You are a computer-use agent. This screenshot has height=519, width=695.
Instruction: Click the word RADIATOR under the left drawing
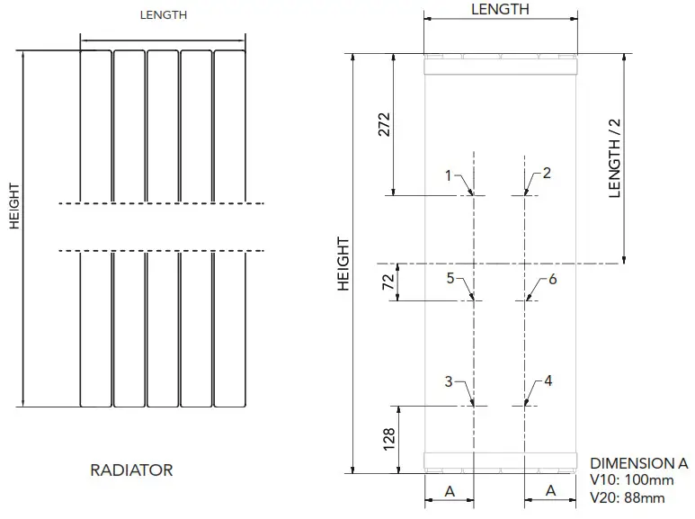(131, 470)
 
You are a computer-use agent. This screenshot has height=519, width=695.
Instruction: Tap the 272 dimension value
(384, 124)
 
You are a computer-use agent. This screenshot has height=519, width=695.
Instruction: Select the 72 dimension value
(388, 282)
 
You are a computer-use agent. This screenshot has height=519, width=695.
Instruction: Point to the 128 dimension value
(388, 439)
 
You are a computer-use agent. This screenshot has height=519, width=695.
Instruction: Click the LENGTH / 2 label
(614, 158)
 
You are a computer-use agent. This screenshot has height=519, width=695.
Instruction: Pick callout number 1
(448, 175)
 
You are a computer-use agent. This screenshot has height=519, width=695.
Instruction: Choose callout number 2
(547, 173)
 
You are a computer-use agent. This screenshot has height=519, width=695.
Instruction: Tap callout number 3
(449, 381)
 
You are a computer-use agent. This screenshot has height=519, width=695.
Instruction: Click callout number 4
(548, 380)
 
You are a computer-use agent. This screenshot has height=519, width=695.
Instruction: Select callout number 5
(450, 278)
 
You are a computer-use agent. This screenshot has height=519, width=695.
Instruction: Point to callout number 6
(553, 279)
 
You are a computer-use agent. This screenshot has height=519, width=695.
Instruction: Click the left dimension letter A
(450, 491)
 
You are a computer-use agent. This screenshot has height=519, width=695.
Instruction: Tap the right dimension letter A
(550, 490)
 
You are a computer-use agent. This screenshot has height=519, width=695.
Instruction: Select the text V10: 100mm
(632, 480)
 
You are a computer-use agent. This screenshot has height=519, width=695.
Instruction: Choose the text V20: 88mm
(628, 497)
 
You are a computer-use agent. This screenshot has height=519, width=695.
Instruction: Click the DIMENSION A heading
(639, 463)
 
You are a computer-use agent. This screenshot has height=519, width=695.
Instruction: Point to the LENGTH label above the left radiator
(164, 15)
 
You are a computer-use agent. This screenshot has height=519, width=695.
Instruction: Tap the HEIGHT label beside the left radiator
(14, 206)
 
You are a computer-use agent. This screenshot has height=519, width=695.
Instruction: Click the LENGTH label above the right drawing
(500, 9)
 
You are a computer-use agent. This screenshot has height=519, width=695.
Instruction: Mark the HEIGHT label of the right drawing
(343, 264)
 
